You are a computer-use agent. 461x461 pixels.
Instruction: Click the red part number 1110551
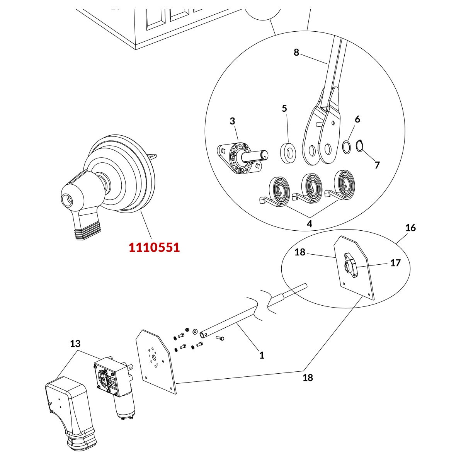click(154, 248)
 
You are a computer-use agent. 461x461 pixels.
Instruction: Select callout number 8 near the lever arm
click(296, 53)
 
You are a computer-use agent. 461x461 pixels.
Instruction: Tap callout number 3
click(232, 121)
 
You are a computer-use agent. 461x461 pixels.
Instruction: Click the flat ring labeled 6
click(347, 147)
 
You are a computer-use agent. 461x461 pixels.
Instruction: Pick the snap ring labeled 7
click(360, 146)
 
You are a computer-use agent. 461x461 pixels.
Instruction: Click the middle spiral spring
click(311, 187)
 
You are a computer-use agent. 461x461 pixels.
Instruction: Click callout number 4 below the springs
click(309, 224)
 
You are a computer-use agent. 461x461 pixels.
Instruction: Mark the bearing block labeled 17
click(350, 265)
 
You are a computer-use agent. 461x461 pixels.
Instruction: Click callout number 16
click(410, 228)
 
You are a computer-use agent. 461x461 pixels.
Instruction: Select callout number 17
click(395, 263)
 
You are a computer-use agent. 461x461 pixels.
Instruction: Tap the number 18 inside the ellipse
click(300, 252)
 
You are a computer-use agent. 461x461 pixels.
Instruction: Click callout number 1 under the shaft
click(262, 355)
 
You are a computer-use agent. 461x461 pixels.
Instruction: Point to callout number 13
click(75, 344)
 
